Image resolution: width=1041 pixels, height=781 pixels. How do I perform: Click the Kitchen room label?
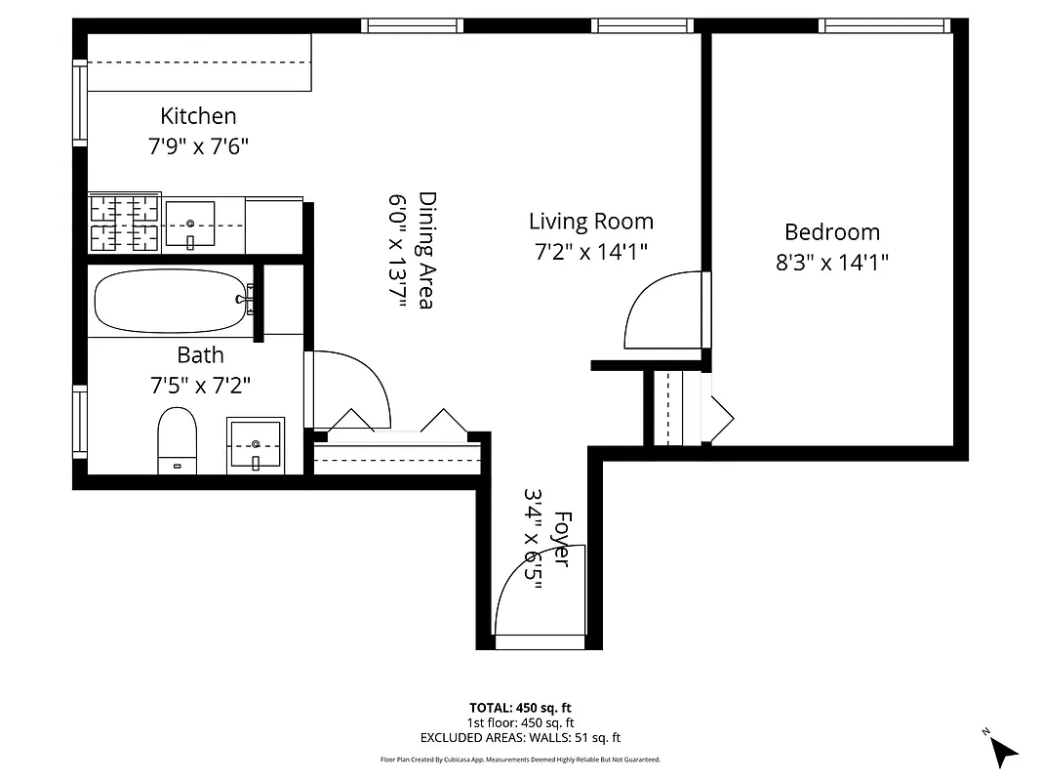(198, 116)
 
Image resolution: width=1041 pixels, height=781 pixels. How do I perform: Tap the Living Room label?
(590, 222)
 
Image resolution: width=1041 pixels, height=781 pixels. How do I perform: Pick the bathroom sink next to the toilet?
(255, 445)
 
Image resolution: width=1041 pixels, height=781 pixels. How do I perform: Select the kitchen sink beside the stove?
(189, 226)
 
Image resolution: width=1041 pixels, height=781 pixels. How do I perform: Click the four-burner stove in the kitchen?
(124, 223)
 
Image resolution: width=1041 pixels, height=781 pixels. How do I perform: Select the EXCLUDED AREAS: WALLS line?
(520, 738)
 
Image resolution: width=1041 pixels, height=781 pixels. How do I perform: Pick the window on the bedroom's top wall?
(884, 25)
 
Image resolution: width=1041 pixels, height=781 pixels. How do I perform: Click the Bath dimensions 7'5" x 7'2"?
(200, 386)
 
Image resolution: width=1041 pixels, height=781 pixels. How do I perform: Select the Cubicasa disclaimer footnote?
(520, 759)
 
